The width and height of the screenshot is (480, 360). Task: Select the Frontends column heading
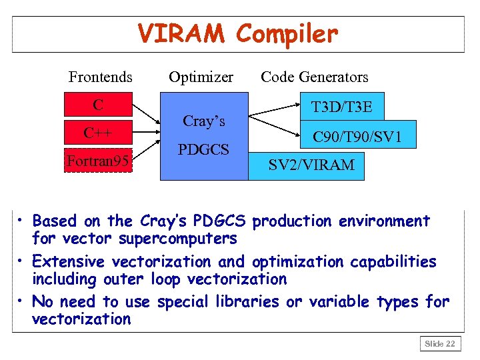tap(100, 77)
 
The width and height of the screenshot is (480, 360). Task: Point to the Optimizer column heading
tap(201, 77)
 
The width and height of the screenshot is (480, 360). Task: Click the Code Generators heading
tap(314, 77)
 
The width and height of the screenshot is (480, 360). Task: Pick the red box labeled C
tap(98, 105)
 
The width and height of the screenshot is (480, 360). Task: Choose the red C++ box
tap(98, 133)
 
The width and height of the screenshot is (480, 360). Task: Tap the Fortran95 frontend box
tap(98, 160)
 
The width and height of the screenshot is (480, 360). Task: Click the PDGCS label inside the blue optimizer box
tap(203, 149)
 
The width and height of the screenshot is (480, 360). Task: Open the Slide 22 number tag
tap(440, 343)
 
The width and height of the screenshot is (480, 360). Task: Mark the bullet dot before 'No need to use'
tap(21, 301)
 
